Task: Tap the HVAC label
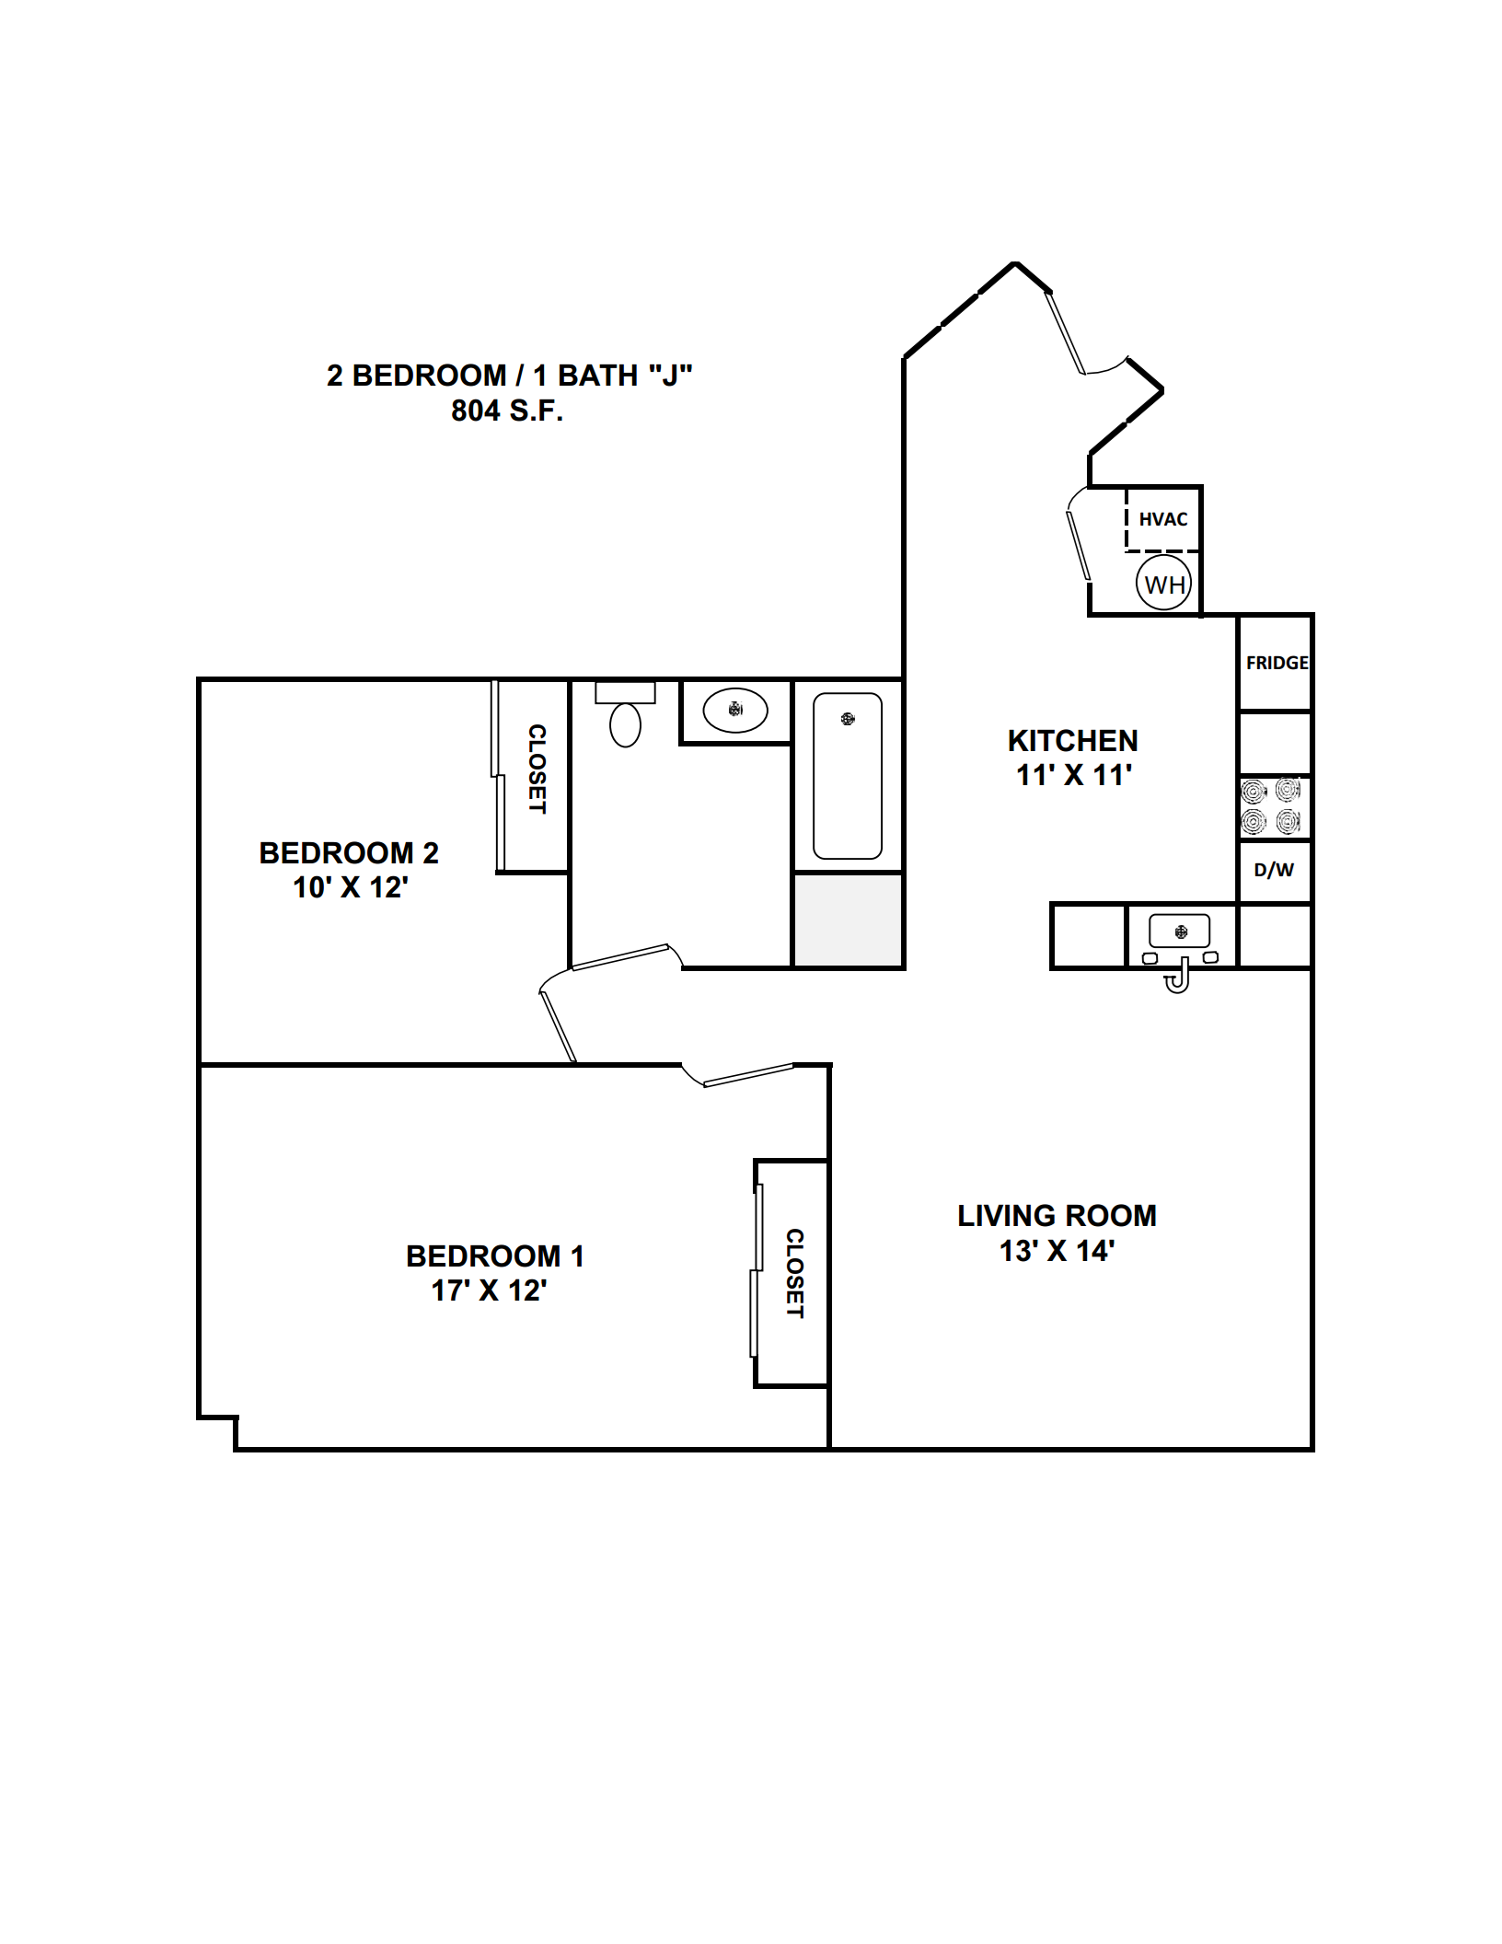point(1163,519)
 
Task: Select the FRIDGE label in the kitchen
point(1277,663)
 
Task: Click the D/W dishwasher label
point(1274,870)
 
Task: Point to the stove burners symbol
point(1271,806)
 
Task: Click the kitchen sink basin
point(1180,932)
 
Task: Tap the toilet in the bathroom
point(625,714)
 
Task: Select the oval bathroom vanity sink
point(735,710)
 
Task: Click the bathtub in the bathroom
point(848,776)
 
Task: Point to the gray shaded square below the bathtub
point(848,920)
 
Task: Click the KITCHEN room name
point(1073,741)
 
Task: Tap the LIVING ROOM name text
point(1057,1216)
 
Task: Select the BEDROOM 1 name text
point(495,1256)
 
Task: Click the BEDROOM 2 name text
point(349,853)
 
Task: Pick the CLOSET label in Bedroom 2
point(537,769)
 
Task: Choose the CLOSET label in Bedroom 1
point(794,1273)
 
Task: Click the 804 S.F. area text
point(507,411)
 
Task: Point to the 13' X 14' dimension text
point(1057,1251)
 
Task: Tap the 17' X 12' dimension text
point(490,1290)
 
